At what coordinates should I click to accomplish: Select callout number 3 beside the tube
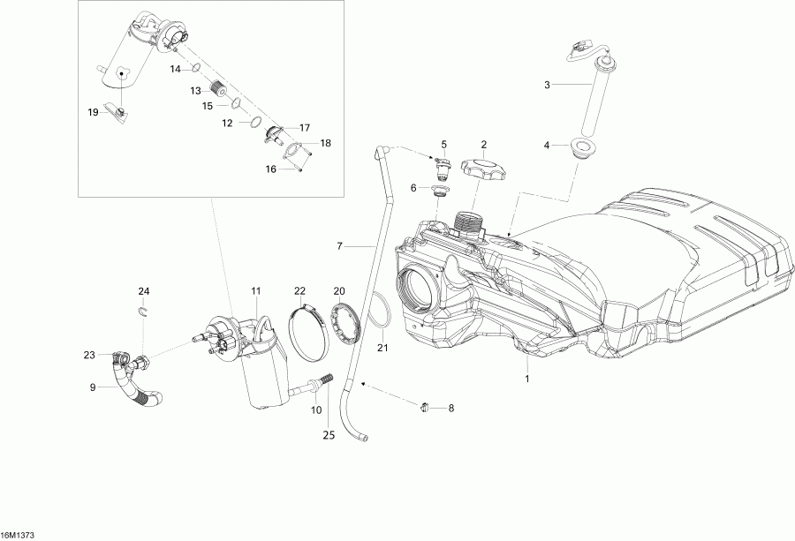point(547,85)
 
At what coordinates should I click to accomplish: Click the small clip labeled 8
point(425,407)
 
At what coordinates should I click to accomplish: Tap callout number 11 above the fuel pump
point(256,290)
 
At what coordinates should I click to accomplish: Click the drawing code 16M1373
point(18,535)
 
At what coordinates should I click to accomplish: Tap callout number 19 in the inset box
point(93,112)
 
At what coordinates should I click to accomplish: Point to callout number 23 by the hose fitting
point(89,355)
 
